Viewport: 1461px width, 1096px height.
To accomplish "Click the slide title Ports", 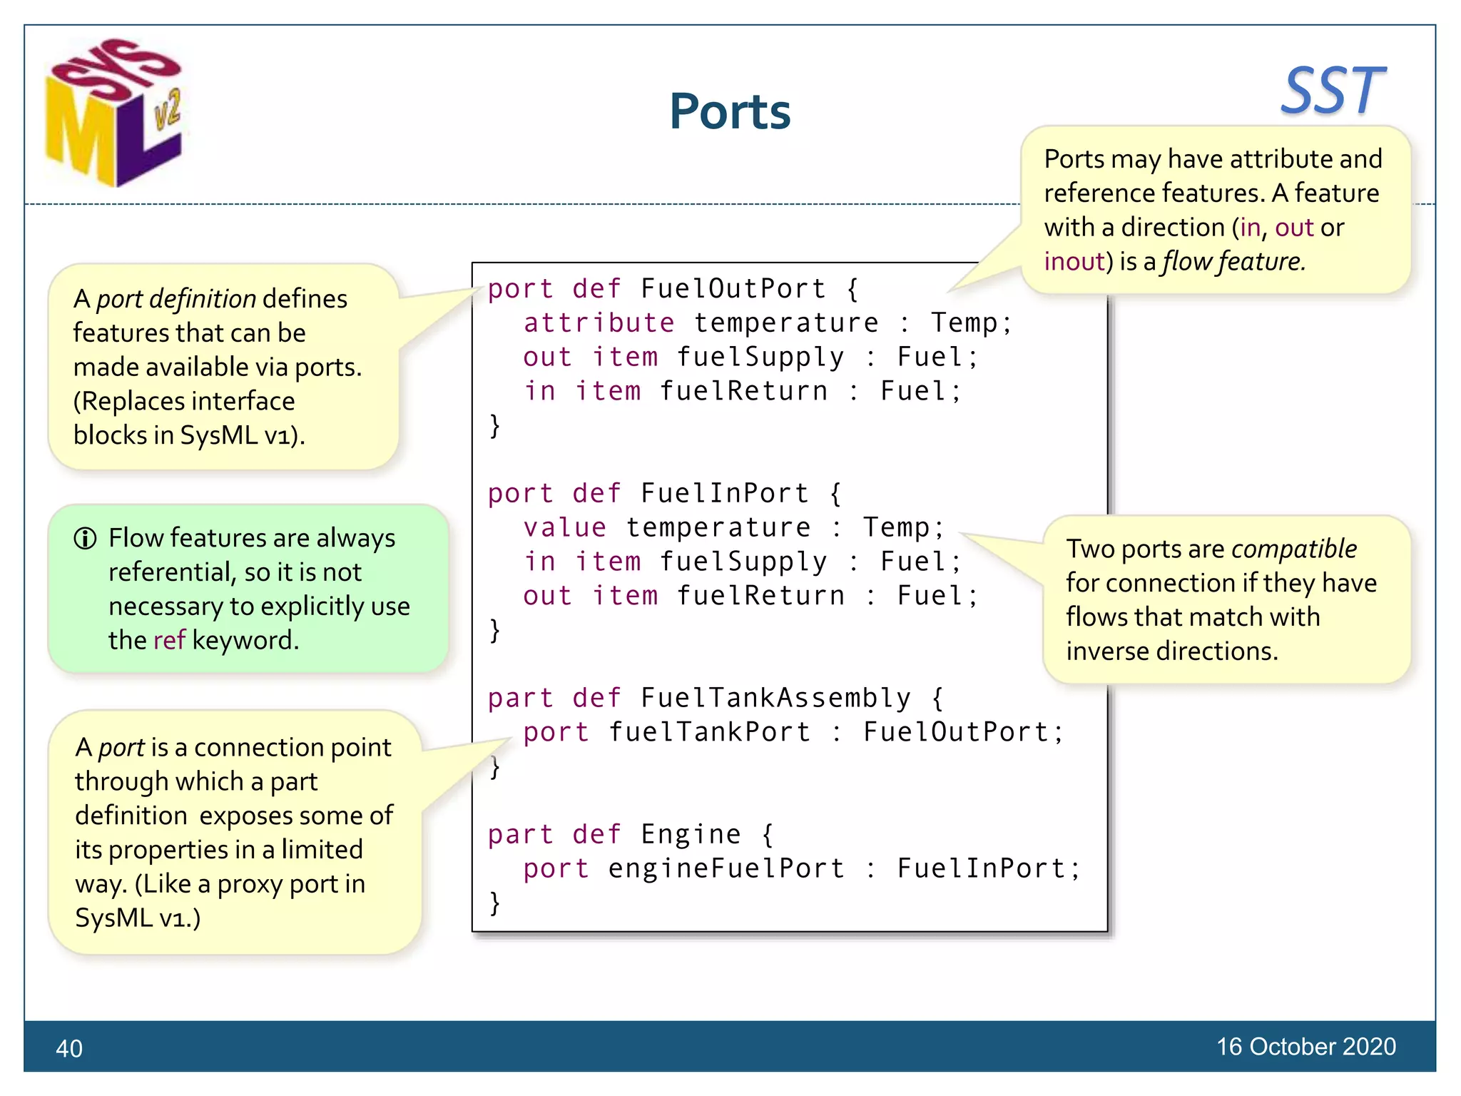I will [x=729, y=112].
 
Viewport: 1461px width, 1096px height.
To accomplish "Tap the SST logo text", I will [x=1332, y=91].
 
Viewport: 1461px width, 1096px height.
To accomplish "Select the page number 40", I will [x=69, y=1048].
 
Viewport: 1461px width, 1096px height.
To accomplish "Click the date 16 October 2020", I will [x=1305, y=1046].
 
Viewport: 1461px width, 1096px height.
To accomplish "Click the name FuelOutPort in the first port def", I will [x=733, y=289].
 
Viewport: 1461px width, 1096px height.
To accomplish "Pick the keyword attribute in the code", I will [x=599, y=323].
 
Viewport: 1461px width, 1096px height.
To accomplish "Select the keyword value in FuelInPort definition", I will [x=564, y=528].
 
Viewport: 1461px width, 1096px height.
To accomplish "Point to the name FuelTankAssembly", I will [x=775, y=698].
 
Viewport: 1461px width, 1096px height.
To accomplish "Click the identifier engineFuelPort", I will [x=726, y=868].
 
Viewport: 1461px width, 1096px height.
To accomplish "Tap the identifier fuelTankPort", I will [x=709, y=732].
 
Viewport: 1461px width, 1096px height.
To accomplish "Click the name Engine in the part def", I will [x=691, y=834].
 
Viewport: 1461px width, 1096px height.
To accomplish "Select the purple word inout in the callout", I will [x=1074, y=262].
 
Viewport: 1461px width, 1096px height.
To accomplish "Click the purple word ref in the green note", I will [x=169, y=640].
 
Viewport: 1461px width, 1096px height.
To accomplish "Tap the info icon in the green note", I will [x=85, y=538].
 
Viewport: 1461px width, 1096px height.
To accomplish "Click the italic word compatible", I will [x=1293, y=549].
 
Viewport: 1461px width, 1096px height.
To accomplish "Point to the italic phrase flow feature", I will [x=1233, y=262].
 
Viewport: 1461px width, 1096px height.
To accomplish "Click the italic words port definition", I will [x=175, y=299].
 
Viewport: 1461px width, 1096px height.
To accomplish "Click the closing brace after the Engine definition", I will [x=494, y=903].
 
